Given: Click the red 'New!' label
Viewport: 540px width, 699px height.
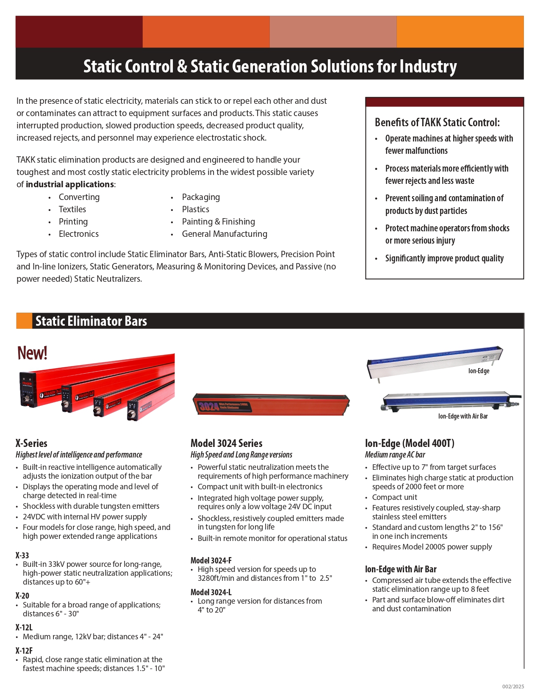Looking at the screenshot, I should click(32, 353).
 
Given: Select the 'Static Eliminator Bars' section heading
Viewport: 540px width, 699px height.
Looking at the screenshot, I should click(91, 321).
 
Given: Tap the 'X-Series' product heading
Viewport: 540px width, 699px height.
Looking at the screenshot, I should click(31, 443).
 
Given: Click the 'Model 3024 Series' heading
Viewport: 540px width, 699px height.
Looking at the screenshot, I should click(226, 443).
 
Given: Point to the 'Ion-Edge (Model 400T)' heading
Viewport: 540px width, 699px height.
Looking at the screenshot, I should click(410, 443).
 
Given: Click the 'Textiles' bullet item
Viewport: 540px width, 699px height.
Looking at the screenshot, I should click(72, 209).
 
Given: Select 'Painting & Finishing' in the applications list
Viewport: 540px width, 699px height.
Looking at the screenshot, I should click(218, 222).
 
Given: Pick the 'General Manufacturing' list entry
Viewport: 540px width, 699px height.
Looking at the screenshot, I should click(224, 234).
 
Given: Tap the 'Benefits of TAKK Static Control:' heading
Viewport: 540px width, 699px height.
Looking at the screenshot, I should click(437, 122).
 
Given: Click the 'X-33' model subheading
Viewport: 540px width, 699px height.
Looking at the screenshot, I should click(22, 555).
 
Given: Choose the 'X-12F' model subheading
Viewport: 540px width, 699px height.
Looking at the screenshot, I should click(24, 650).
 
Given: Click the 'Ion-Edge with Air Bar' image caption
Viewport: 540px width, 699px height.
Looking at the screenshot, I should click(463, 416).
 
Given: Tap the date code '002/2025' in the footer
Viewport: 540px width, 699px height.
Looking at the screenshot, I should click(513, 687).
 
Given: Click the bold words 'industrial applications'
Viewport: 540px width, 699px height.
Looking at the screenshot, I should click(69, 184).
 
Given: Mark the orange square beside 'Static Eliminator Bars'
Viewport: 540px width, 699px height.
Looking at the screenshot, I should click(24, 321).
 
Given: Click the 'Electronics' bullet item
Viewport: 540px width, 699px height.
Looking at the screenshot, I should click(78, 234).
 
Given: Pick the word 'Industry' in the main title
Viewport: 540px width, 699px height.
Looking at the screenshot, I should click(428, 67).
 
